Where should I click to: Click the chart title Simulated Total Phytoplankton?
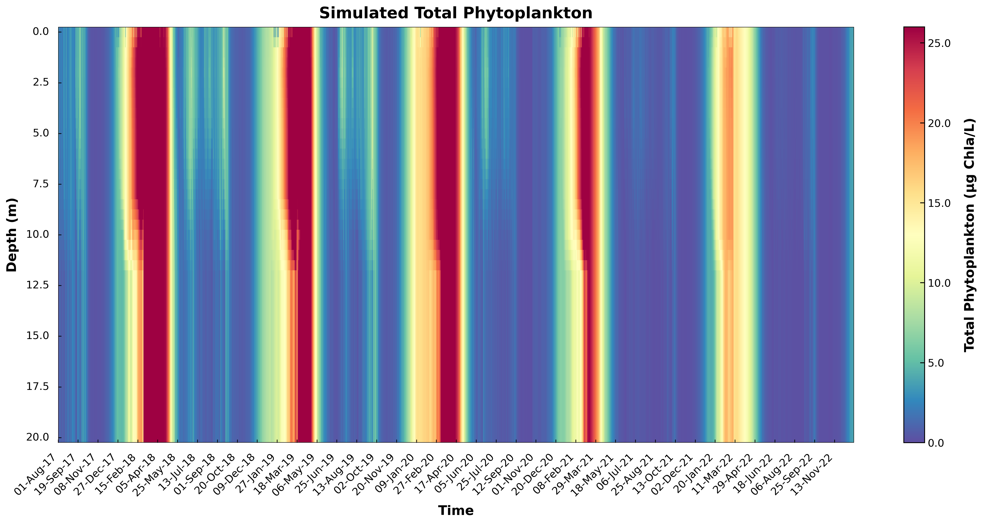(x=456, y=13)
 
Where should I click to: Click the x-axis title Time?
(x=456, y=510)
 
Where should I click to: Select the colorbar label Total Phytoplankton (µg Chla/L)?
(x=969, y=235)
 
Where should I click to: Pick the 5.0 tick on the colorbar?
(x=937, y=363)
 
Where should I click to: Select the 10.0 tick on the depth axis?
(x=38, y=235)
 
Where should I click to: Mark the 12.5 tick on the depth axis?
(x=38, y=285)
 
